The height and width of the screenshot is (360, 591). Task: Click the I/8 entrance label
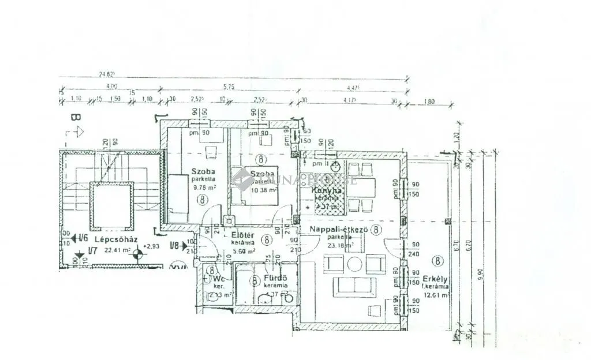(x=175, y=246)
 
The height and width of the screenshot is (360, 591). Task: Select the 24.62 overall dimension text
(x=107, y=74)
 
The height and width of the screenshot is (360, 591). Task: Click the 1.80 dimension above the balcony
(x=428, y=102)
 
